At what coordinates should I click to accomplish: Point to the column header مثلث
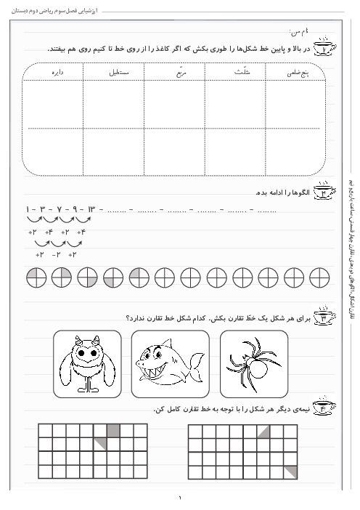click(x=235, y=72)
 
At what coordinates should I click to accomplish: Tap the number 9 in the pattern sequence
click(x=73, y=210)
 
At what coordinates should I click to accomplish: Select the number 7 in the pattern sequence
click(x=58, y=210)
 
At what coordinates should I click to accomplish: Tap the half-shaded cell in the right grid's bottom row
click(x=290, y=472)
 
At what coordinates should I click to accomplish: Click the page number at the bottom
click(x=180, y=498)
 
